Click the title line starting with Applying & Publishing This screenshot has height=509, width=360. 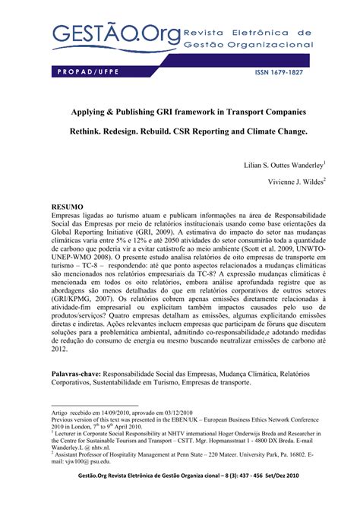click(x=179, y=110)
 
